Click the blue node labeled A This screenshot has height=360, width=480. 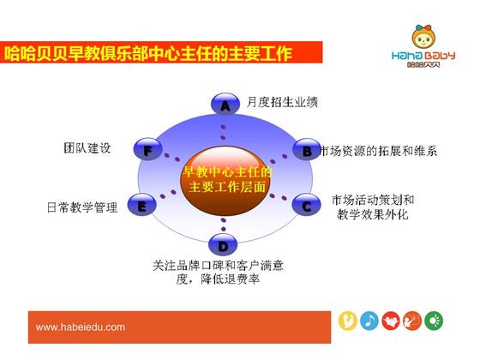tap(225, 105)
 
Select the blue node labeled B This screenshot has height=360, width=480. tap(307, 150)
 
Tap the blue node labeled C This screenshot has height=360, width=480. tap(306, 205)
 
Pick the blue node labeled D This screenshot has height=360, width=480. tap(223, 244)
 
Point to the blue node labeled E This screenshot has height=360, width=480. tap(141, 205)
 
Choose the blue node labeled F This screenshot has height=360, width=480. tap(147, 149)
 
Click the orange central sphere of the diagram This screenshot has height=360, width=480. tap(225, 180)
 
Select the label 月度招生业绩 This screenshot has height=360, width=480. tap(282, 102)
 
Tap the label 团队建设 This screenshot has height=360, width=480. tap(87, 147)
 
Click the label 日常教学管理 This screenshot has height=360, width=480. tap(82, 207)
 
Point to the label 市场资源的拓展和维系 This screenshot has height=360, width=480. tap(378, 151)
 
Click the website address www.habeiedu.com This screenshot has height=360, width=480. tap(81, 327)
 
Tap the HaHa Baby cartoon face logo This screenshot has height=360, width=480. tap(423, 37)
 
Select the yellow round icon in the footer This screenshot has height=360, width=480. tap(347, 321)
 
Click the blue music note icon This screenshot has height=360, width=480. tap(369, 321)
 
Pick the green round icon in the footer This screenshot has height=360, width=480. tap(434, 321)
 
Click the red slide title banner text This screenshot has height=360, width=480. tap(147, 53)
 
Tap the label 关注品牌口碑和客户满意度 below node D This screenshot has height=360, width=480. tap(218, 272)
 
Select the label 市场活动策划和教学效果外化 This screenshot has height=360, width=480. tap(373, 207)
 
